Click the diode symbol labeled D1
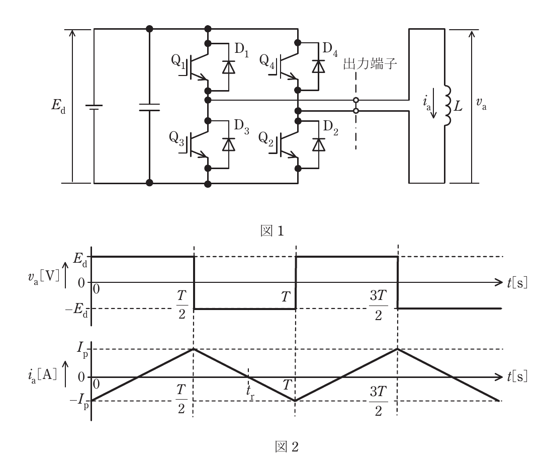pyautogui.click(x=229, y=67)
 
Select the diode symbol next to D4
pyautogui.click(x=319, y=66)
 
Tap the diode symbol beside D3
pyautogui.click(x=229, y=144)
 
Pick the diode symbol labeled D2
pyautogui.click(x=319, y=144)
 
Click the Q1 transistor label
pyautogui.click(x=178, y=61)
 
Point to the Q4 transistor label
pyautogui.click(x=266, y=61)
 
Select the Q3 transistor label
pyautogui.click(x=176, y=138)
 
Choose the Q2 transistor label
pyautogui.click(x=265, y=139)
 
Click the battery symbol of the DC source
pyautogui.click(x=94, y=108)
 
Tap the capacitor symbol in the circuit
pyautogui.click(x=149, y=108)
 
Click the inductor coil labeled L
pyautogui.click(x=448, y=106)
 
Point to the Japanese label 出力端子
pyautogui.click(x=370, y=64)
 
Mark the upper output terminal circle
pyautogui.click(x=355, y=100)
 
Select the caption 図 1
pyautogui.click(x=272, y=231)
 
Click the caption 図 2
pyautogui.click(x=287, y=446)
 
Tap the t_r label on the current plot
pyautogui.click(x=250, y=393)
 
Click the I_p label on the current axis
pyautogui.click(x=82, y=349)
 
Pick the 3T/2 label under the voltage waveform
pyautogui.click(x=378, y=306)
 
